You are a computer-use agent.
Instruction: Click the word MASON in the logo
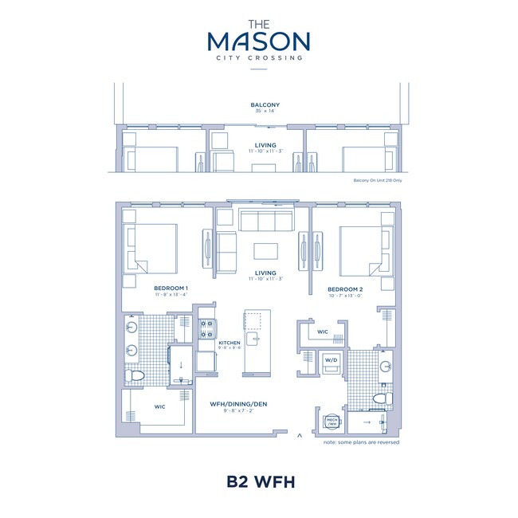258,41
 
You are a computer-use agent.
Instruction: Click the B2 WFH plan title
259,482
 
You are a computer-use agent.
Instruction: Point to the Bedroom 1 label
171,288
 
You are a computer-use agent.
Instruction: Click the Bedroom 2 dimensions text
345,295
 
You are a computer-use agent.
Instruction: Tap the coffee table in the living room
265,251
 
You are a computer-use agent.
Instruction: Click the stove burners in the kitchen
206,327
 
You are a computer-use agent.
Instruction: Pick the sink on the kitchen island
256,340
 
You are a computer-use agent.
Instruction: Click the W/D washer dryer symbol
331,360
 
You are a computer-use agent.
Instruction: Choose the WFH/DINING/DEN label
238,404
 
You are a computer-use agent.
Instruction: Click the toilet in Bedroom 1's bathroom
134,374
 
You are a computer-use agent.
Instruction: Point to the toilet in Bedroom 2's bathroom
381,398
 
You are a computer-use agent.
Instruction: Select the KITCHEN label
230,343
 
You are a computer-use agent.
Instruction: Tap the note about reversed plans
362,442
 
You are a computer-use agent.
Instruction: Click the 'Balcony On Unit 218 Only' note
376,181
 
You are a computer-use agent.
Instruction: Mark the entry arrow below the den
299,436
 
